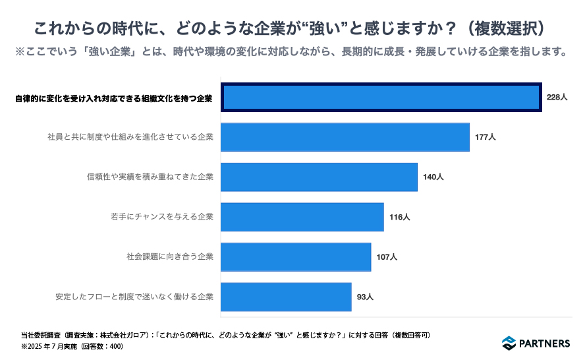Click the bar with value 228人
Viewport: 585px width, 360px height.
pos(381,98)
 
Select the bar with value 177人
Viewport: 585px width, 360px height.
pos(345,137)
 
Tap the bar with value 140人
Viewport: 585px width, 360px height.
pos(319,177)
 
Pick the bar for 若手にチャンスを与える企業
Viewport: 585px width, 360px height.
pos(302,217)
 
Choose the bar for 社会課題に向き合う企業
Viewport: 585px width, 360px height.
pos(296,257)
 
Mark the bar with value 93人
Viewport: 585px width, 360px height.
pos(286,297)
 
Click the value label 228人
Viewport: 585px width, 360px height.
pos(557,98)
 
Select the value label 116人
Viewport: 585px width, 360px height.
pos(399,217)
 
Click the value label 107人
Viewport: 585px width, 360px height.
pos(387,257)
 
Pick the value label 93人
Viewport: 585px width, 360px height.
pos(365,297)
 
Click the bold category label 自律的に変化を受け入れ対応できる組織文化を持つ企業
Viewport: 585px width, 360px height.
pos(114,98)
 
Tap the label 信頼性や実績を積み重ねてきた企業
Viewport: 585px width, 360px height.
pos(150,177)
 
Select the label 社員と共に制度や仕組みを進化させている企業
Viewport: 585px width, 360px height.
pos(130,137)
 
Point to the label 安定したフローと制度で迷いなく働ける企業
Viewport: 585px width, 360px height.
pos(134,297)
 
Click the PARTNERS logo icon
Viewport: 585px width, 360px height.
pos(509,343)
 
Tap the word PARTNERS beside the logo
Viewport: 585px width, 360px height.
pos(545,343)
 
